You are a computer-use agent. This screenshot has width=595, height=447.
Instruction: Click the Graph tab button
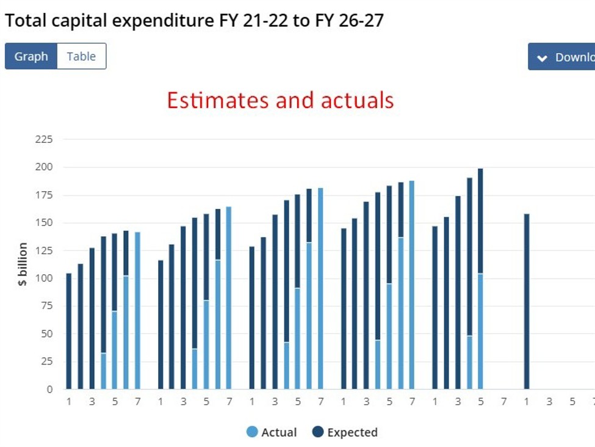click(x=31, y=56)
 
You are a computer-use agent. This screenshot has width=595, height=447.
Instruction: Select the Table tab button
click(x=81, y=56)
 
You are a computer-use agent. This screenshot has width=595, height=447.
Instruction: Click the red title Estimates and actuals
click(x=280, y=100)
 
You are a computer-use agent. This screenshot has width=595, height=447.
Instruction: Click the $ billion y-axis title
click(x=23, y=264)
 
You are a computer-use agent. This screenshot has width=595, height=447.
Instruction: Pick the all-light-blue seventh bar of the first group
click(x=137, y=310)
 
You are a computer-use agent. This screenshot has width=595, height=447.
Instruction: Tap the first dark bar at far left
click(x=69, y=331)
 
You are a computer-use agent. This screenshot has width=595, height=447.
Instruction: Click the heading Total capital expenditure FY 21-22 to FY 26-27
click(x=194, y=21)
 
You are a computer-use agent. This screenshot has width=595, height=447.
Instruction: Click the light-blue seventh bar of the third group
click(x=320, y=288)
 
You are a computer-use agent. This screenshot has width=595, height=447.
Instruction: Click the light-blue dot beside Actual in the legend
click(x=252, y=432)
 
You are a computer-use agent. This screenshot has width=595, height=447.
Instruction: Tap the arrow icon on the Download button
click(x=542, y=58)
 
